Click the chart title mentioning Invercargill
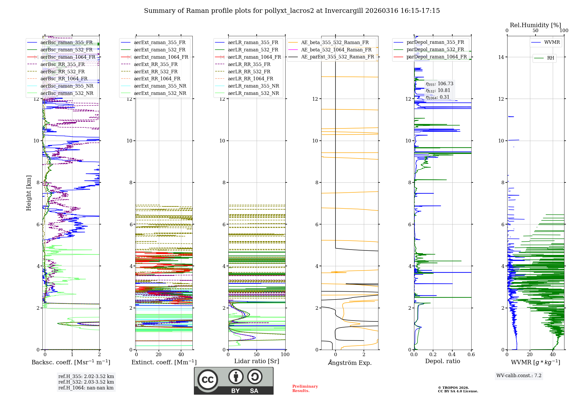(x=292, y=11)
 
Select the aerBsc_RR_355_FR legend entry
(x=62, y=64)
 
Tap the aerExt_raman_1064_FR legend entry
(x=161, y=57)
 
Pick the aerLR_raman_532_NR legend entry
(x=253, y=93)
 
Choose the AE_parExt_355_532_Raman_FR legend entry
(x=337, y=57)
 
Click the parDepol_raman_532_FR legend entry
(x=435, y=50)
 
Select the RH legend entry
(x=550, y=58)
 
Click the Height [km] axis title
(x=29, y=193)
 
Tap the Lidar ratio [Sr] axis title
(x=257, y=361)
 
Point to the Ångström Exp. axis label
(x=350, y=363)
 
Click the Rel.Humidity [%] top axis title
(x=535, y=25)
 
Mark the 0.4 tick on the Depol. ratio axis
(x=452, y=354)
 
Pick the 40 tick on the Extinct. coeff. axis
(x=181, y=354)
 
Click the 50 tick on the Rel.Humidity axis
(x=535, y=31)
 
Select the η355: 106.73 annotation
(x=439, y=84)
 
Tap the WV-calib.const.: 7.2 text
(x=519, y=375)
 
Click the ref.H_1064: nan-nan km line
(x=86, y=388)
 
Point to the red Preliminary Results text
(x=305, y=388)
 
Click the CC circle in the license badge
(x=208, y=380)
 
